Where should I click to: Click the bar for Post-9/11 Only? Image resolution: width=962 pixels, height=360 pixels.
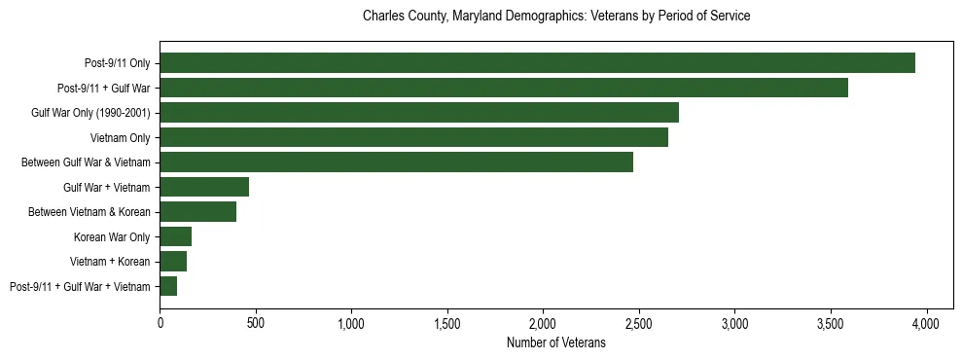(537, 63)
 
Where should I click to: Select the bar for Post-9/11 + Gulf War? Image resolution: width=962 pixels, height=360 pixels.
(504, 88)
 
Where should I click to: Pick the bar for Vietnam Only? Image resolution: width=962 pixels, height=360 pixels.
(414, 137)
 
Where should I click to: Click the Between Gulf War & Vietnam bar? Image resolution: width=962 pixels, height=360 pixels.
(397, 162)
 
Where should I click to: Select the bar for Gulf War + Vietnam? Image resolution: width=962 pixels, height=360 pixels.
(204, 187)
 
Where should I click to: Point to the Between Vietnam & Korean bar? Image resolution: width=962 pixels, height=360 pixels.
(198, 212)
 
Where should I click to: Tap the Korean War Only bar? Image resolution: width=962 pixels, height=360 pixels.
(176, 236)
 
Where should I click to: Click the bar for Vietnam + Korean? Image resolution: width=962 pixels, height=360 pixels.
(173, 261)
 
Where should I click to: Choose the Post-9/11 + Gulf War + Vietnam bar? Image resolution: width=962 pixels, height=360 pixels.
(168, 286)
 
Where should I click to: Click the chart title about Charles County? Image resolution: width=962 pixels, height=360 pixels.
(556, 17)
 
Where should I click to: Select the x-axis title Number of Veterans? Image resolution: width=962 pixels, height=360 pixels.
(556, 342)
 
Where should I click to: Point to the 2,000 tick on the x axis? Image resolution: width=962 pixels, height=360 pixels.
(543, 322)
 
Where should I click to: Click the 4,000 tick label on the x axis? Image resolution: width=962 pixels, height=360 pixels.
(926, 322)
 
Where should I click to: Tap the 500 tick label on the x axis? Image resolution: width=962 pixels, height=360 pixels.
(256, 322)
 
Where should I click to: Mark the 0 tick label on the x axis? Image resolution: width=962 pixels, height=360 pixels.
(160, 322)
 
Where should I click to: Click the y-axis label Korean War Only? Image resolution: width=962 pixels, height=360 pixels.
(112, 236)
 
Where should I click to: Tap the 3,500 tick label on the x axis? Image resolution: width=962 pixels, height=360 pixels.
(831, 322)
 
